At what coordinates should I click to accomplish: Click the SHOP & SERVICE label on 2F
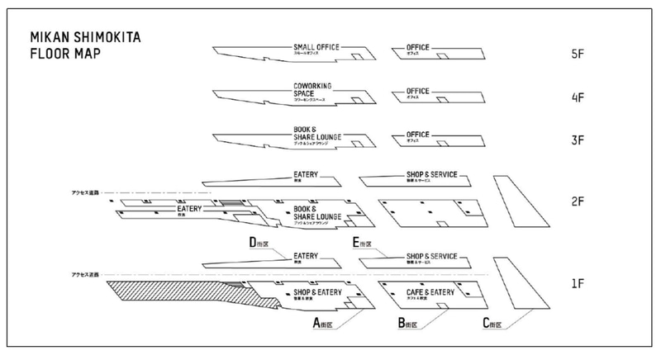tap(432, 176)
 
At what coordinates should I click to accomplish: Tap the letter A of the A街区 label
tap(316, 324)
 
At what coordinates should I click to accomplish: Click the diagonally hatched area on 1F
tap(165, 294)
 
